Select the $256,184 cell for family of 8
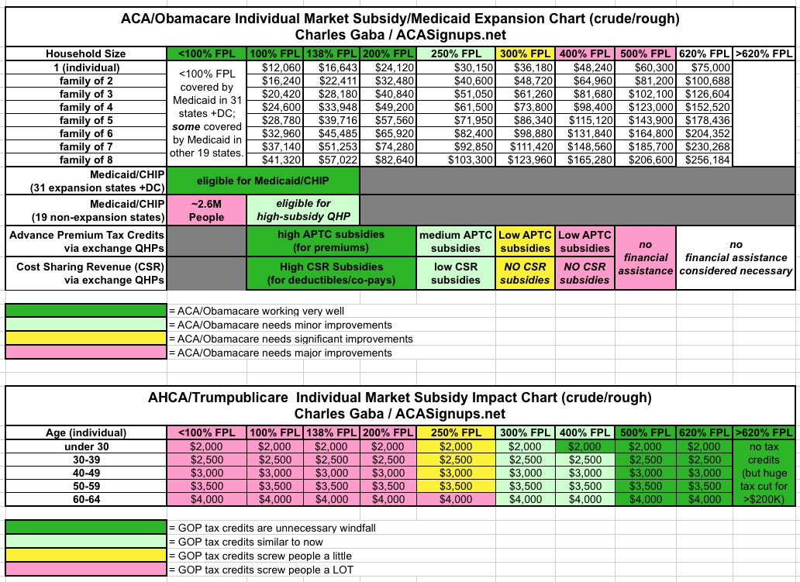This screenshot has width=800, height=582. click(704, 159)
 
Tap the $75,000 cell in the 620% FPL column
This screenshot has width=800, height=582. click(704, 68)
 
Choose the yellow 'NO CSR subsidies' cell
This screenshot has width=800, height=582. click(525, 274)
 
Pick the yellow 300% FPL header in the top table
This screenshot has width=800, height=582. click(525, 53)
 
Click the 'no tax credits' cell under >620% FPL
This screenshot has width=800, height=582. click(763, 473)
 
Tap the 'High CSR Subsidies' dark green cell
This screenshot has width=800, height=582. click(332, 274)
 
